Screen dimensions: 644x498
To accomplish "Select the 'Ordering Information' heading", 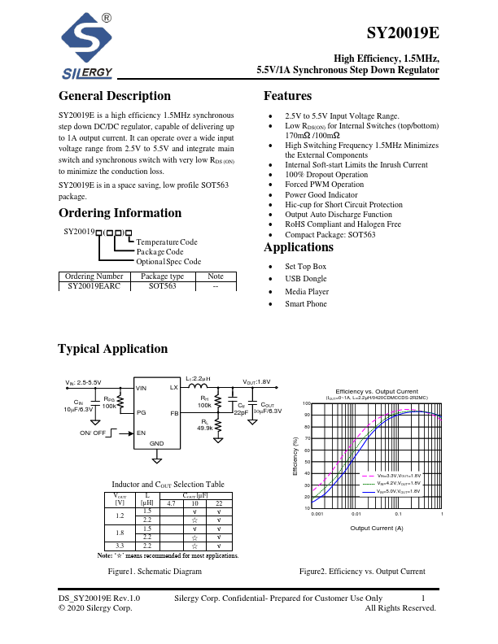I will pos(120,213).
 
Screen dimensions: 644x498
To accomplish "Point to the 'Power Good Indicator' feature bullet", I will pos(321,195).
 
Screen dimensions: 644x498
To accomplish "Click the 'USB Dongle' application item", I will pos(305,279).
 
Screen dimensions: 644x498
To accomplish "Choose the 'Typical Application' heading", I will pos(112,349).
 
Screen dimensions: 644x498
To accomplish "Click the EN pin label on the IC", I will pos(141,433).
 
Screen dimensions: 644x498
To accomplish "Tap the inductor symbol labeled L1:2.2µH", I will pos(198,387).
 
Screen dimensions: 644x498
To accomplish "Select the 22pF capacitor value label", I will pos(241,411).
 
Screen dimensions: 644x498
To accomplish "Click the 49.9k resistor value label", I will pos(204,428).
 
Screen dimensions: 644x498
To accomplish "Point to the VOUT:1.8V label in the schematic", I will pos(256,381).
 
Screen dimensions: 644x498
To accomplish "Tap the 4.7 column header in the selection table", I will pos(171,503).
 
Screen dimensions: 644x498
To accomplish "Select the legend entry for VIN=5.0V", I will pos(398,492).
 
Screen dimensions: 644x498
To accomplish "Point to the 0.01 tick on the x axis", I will pos(356,514).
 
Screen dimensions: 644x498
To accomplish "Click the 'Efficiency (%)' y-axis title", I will pos(295,456).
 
